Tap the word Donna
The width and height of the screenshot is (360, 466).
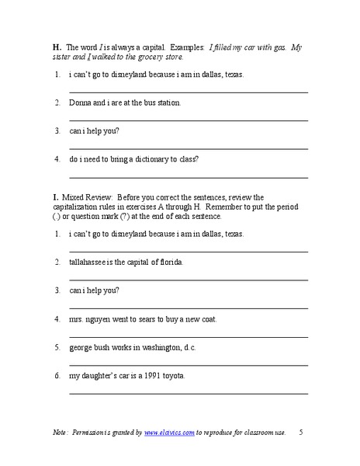[80, 102]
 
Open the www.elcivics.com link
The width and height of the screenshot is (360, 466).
[168, 432]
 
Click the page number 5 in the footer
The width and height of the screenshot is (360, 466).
[301, 432]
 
